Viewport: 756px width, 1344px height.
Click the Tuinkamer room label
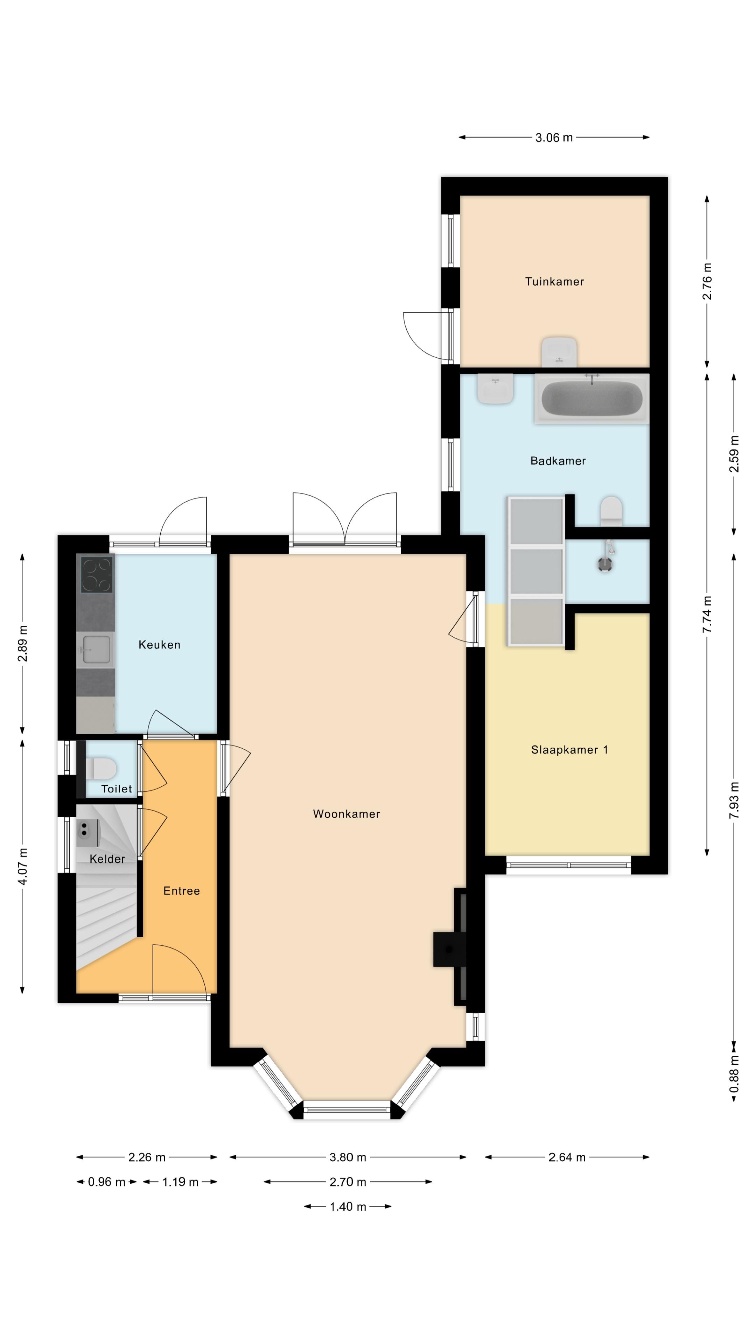click(554, 282)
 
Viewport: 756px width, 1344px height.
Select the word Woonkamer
click(346, 814)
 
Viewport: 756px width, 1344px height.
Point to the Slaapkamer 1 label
click(569, 750)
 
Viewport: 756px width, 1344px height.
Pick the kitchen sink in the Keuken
click(96, 650)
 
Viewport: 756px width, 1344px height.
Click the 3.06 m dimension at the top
click(554, 138)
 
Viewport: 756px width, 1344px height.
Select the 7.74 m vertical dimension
click(707, 615)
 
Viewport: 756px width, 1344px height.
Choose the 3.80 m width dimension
click(348, 1157)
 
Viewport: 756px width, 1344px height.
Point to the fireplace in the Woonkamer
click(450, 948)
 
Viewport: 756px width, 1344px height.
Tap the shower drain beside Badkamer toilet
click(605, 564)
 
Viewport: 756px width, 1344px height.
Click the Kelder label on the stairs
click(107, 859)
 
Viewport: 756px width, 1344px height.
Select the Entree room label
click(182, 891)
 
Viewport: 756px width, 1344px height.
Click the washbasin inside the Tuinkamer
click(559, 352)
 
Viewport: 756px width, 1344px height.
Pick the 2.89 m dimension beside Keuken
click(22, 643)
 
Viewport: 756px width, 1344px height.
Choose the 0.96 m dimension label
click(106, 1182)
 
